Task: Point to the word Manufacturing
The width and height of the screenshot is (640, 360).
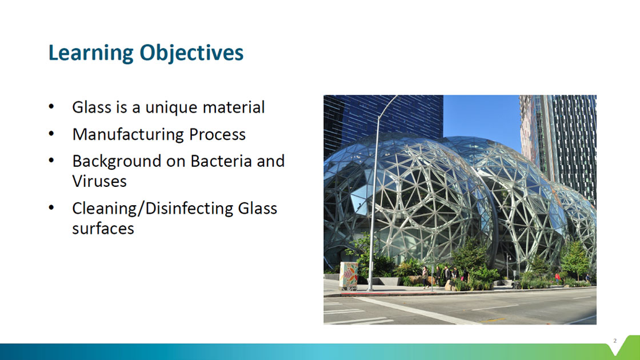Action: tap(128, 134)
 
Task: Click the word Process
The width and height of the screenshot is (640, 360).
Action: tap(217, 134)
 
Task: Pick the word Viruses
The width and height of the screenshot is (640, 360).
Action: tap(99, 181)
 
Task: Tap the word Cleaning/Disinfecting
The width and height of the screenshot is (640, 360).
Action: tap(153, 209)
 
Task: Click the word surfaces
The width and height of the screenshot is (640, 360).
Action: tap(103, 229)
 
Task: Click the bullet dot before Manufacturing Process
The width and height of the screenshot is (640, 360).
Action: tap(51, 134)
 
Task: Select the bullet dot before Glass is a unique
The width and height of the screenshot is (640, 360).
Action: tap(51, 107)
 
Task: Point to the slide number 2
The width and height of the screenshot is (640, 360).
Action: tap(615, 341)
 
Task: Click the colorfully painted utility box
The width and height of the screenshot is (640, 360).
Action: tap(349, 275)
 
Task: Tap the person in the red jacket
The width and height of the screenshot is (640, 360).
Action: tap(558, 278)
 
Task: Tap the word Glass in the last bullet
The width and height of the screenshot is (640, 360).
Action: tap(258, 209)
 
